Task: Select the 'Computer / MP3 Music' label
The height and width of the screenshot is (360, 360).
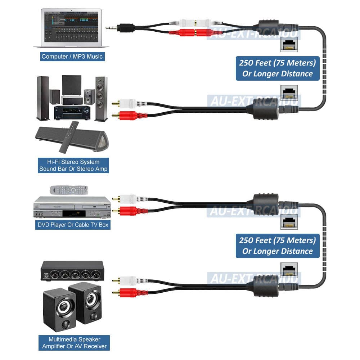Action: [x=72, y=56]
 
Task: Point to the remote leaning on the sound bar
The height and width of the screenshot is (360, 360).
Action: [x=69, y=136]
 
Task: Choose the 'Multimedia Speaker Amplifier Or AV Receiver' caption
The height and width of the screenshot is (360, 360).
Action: [x=74, y=342]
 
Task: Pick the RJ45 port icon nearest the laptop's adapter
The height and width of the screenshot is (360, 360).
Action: [x=289, y=45]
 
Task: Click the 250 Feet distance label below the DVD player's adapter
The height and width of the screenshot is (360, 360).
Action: [x=278, y=246]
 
